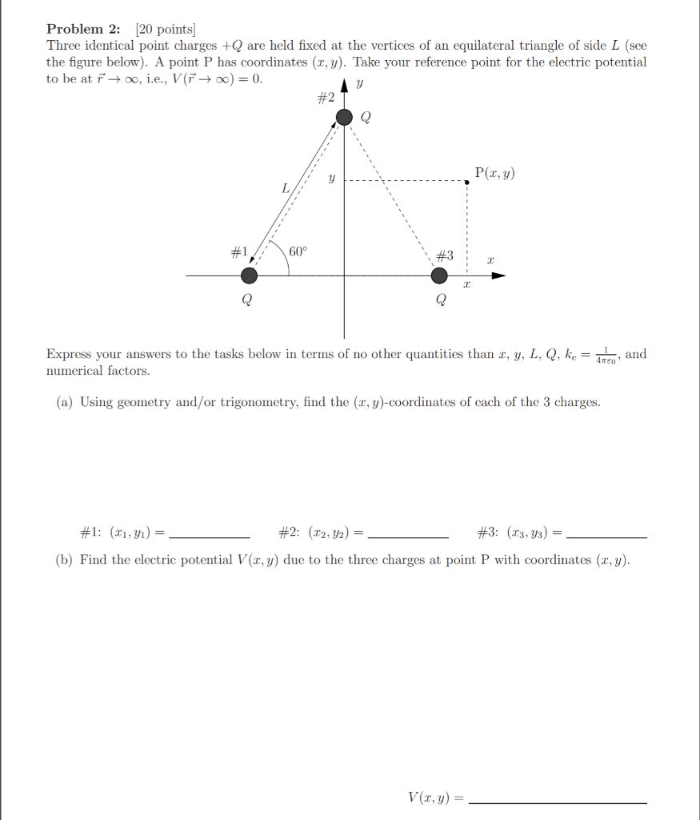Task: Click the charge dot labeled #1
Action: point(250,276)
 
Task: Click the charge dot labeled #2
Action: point(344,118)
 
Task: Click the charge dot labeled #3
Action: point(439,276)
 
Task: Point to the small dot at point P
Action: point(466,182)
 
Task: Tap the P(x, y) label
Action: point(494,172)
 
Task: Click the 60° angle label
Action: point(298,251)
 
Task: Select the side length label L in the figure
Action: point(284,189)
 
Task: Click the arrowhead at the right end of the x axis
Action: point(498,276)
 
